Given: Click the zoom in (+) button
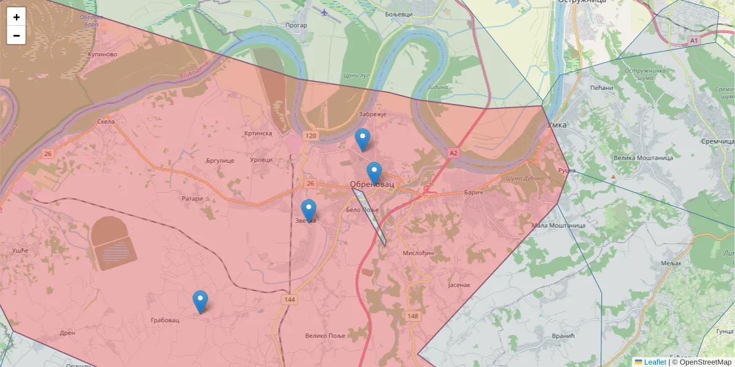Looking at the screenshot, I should pyautogui.click(x=17, y=17).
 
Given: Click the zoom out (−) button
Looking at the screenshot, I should pyautogui.click(x=17, y=35).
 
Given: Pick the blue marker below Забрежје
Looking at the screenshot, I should pyautogui.click(x=363, y=139).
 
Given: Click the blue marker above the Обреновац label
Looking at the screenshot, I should pyautogui.click(x=374, y=173).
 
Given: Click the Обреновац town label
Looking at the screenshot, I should pyautogui.click(x=372, y=185).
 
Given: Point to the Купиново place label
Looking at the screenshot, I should pyautogui.click(x=102, y=54).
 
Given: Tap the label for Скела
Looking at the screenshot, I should pyautogui.click(x=106, y=122).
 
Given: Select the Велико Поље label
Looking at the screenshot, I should pyautogui.click(x=325, y=336).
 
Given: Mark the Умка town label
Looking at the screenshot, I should pyautogui.click(x=557, y=125).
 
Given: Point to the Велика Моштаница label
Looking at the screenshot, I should pyautogui.click(x=643, y=158).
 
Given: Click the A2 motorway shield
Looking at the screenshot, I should pyautogui.click(x=453, y=152).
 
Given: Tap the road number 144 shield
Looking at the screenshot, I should pyautogui.click(x=290, y=300).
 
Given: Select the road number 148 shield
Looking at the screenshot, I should pyautogui.click(x=412, y=316).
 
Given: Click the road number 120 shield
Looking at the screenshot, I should pyautogui.click(x=311, y=135).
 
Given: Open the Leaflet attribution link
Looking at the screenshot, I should pyautogui.click(x=655, y=362).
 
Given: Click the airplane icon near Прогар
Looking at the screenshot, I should pyautogui.click(x=325, y=11).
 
